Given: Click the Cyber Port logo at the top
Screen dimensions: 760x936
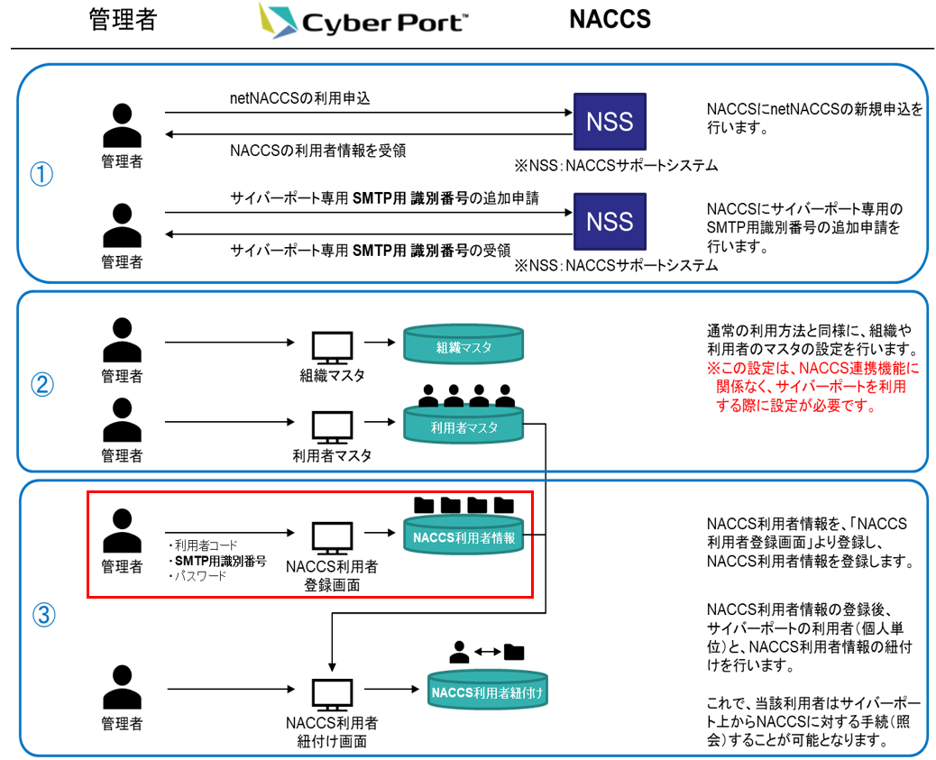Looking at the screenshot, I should pyautogui.click(x=362, y=21).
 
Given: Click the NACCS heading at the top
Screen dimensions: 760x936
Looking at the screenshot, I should pyautogui.click(x=610, y=20).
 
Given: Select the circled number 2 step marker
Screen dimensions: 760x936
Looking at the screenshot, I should pyautogui.click(x=42, y=385).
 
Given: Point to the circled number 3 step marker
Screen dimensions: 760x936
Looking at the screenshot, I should pyautogui.click(x=42, y=616).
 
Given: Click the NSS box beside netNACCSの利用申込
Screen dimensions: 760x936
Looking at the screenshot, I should pyautogui.click(x=610, y=123).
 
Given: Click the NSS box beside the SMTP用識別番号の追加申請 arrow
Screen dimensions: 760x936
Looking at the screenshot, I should pyautogui.click(x=610, y=221).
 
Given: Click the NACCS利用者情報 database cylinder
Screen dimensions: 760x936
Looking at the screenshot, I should pyautogui.click(x=463, y=537).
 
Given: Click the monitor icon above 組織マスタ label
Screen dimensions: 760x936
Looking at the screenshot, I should pyautogui.click(x=332, y=347).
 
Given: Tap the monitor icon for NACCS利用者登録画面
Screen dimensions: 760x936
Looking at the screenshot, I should pyautogui.click(x=332, y=538).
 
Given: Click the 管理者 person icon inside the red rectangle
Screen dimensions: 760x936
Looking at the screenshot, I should pyautogui.click(x=122, y=532).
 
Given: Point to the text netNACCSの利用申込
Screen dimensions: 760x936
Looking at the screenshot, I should pyautogui.click(x=299, y=98).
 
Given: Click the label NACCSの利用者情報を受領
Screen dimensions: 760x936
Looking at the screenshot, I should pyautogui.click(x=317, y=151).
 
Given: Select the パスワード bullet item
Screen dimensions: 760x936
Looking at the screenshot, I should pyautogui.click(x=197, y=575).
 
